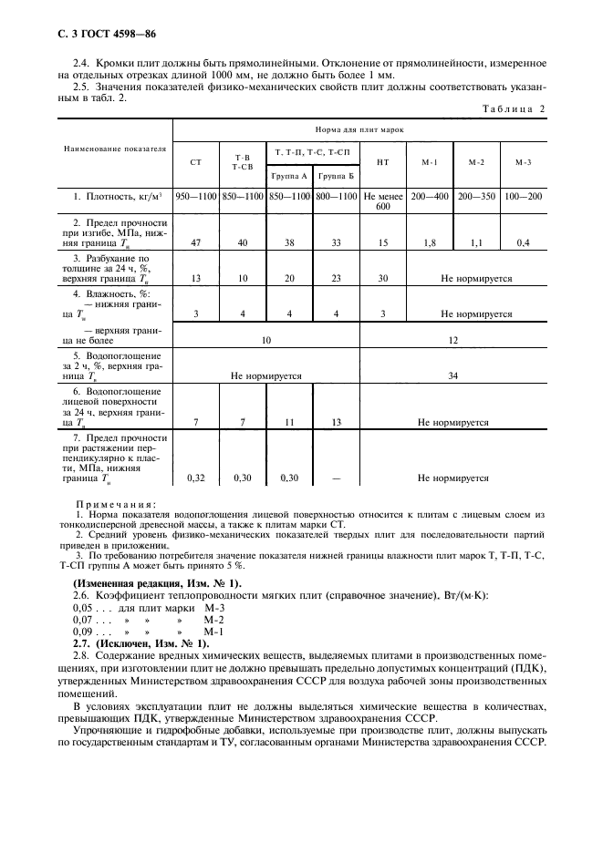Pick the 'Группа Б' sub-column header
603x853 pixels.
coord(336,175)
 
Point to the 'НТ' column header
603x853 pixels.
coord(383,161)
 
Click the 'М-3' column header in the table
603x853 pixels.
coord(523,161)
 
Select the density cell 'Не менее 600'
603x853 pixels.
coord(383,201)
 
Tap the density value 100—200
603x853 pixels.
coord(523,196)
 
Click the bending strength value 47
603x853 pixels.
coord(195,243)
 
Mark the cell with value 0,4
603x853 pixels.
coord(523,243)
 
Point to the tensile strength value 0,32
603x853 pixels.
coord(195,476)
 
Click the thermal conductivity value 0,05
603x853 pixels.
coord(83,608)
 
